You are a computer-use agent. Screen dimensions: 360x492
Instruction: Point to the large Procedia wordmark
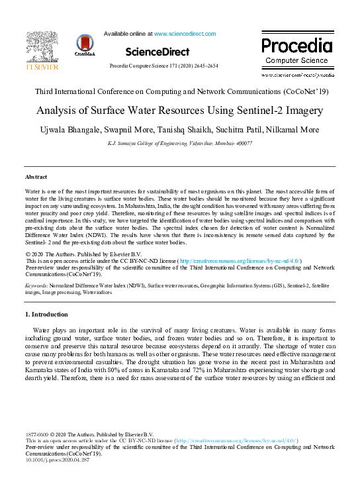(296, 46)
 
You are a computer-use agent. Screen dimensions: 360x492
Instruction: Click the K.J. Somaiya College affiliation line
(180, 142)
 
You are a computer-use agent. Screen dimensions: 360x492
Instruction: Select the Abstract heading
(36, 177)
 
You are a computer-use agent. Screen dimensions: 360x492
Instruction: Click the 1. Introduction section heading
(46, 314)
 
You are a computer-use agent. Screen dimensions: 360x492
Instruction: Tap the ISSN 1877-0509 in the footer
(38, 433)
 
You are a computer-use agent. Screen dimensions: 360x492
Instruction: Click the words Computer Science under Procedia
(296, 60)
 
